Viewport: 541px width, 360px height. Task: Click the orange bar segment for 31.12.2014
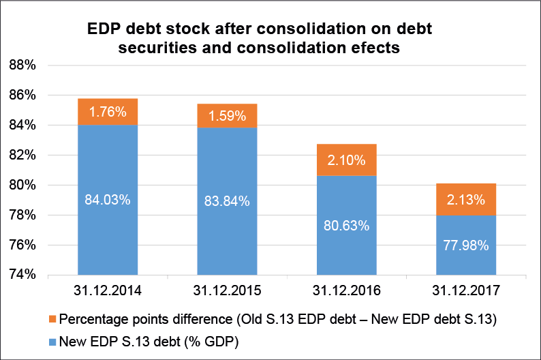pos(108,112)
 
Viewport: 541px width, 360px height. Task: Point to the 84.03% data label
pos(108,200)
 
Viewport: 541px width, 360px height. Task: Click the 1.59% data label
pos(228,116)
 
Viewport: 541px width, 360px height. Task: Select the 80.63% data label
pos(347,225)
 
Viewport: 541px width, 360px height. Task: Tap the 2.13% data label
pos(466,200)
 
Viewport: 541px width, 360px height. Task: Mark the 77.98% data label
pos(466,245)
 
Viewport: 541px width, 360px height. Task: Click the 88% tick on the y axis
pos(31,65)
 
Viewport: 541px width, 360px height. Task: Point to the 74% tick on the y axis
pos(31,275)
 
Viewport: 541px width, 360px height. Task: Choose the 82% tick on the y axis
pos(31,155)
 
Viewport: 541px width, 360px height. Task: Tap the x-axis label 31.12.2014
pos(108,290)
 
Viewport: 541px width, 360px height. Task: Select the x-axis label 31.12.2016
pos(347,290)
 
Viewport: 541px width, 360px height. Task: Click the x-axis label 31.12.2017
pos(466,290)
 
